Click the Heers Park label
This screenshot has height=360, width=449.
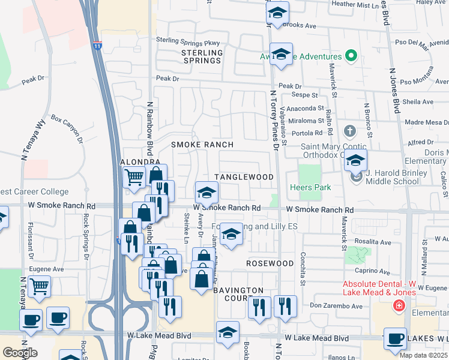click(x=310, y=188)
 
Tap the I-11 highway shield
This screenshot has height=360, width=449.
click(x=98, y=44)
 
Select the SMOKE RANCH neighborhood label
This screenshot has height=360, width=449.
click(x=202, y=145)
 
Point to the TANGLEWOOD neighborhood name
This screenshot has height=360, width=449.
click(x=244, y=177)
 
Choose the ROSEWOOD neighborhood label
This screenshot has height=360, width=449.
click(x=270, y=263)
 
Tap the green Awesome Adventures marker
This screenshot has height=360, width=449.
click(x=352, y=57)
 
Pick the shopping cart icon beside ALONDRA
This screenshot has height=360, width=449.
click(x=133, y=176)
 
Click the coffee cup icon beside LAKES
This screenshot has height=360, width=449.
click(x=395, y=338)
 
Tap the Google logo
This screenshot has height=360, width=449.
click(x=19, y=353)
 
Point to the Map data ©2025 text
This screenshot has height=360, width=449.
click(x=423, y=355)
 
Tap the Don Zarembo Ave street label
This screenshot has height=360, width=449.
click(x=336, y=306)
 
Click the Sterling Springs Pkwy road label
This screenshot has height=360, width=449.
click(x=188, y=41)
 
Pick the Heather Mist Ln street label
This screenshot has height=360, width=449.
click(x=355, y=4)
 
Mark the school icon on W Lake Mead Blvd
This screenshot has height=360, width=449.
click(x=228, y=332)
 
